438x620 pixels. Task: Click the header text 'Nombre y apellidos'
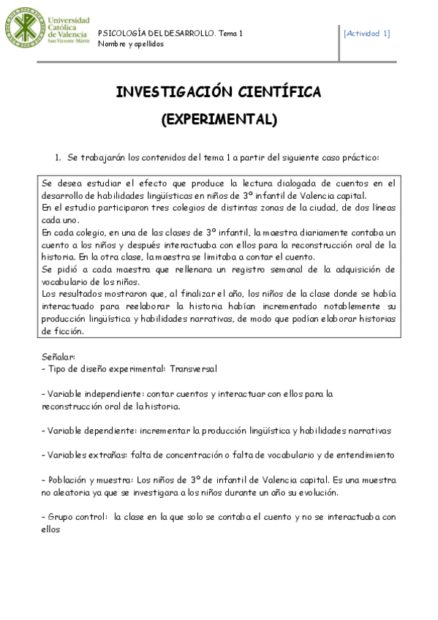tap(131, 44)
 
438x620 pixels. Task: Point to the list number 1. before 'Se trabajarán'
tap(58, 157)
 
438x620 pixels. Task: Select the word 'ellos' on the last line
tap(52, 529)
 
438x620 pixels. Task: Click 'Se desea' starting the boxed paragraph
tap(59, 183)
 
